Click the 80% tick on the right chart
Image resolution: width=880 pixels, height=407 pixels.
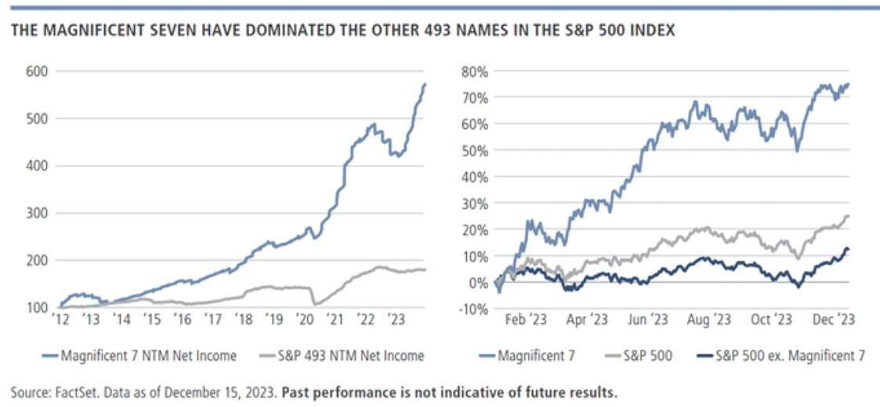pos(474,71)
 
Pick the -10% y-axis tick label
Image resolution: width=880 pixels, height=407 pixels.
pos(473,309)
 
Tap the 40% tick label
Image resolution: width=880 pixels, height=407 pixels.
pos(474,177)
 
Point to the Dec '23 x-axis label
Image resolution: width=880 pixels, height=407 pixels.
pos(835,319)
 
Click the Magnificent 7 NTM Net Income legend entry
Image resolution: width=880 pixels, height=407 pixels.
pos(139,355)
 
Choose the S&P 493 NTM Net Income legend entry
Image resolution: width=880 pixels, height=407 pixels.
pos(343,355)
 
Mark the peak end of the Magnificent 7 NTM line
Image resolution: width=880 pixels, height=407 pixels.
pos(426,84)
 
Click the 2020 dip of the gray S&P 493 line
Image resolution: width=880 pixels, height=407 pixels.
pos(315,304)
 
